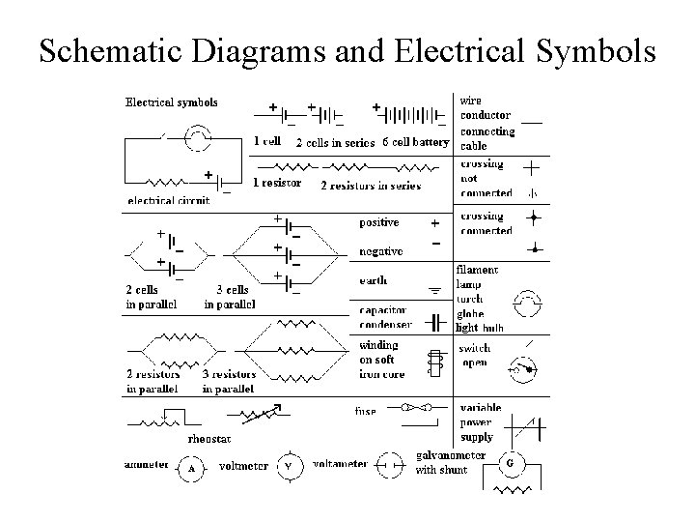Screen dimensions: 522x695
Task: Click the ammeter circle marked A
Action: [x=191, y=469]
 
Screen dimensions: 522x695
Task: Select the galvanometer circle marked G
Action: [x=510, y=463]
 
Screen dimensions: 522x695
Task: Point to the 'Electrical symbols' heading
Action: [x=172, y=101]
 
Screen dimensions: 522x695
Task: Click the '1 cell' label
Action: [x=267, y=141]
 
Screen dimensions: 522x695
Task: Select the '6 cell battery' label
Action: [x=416, y=142]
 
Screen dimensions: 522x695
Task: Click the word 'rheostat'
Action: [x=208, y=438]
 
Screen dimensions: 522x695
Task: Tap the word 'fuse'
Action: [x=365, y=411]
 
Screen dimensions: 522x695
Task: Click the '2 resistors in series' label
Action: [x=357, y=185]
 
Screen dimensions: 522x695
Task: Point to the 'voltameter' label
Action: [x=338, y=464]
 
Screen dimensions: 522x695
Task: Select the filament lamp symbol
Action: [x=527, y=302]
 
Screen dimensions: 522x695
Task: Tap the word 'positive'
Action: [x=378, y=222]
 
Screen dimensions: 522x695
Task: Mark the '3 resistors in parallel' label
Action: [x=229, y=381]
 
